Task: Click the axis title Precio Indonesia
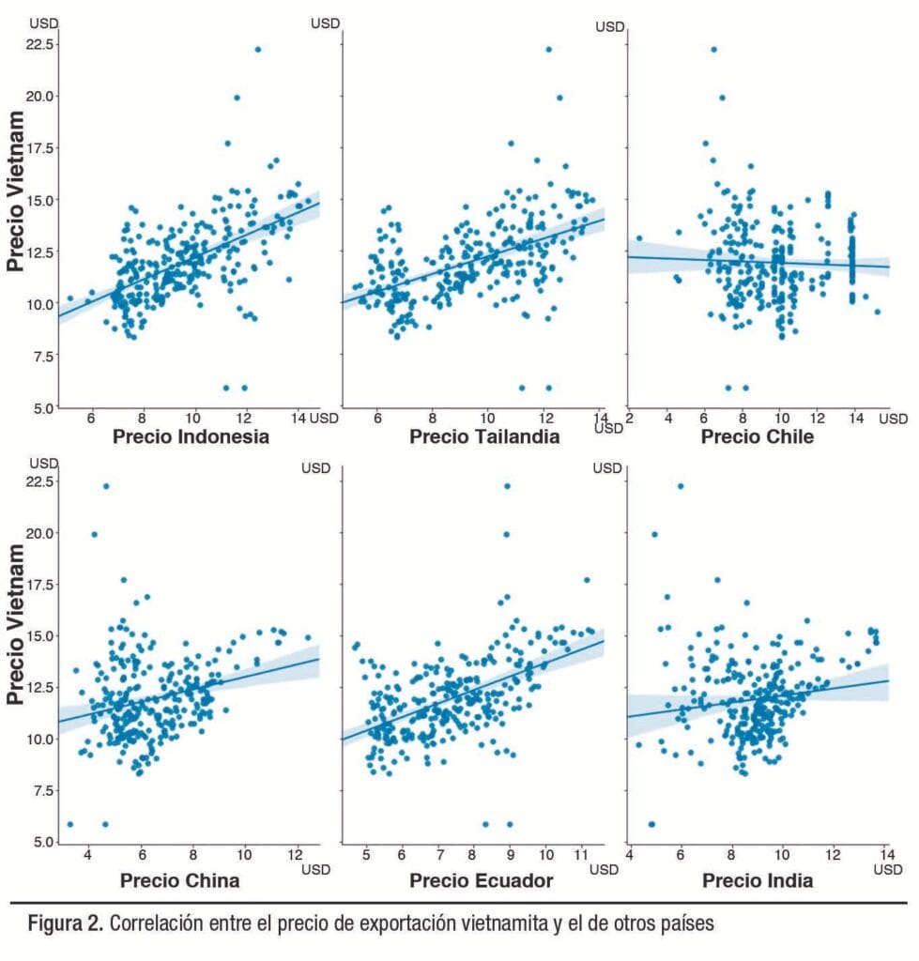tap(191, 436)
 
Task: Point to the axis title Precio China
tap(179, 880)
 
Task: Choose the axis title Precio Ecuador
tap(481, 880)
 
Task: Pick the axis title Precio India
tap(758, 880)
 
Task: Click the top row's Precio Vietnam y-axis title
tap(16, 191)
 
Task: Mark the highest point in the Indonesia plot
tap(258, 49)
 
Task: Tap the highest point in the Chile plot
tap(713, 49)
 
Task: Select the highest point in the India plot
tap(681, 485)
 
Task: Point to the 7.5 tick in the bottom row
tap(41, 790)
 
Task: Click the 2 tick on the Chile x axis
tap(631, 418)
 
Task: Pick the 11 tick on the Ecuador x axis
tap(580, 854)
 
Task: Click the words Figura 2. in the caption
tap(57, 923)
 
